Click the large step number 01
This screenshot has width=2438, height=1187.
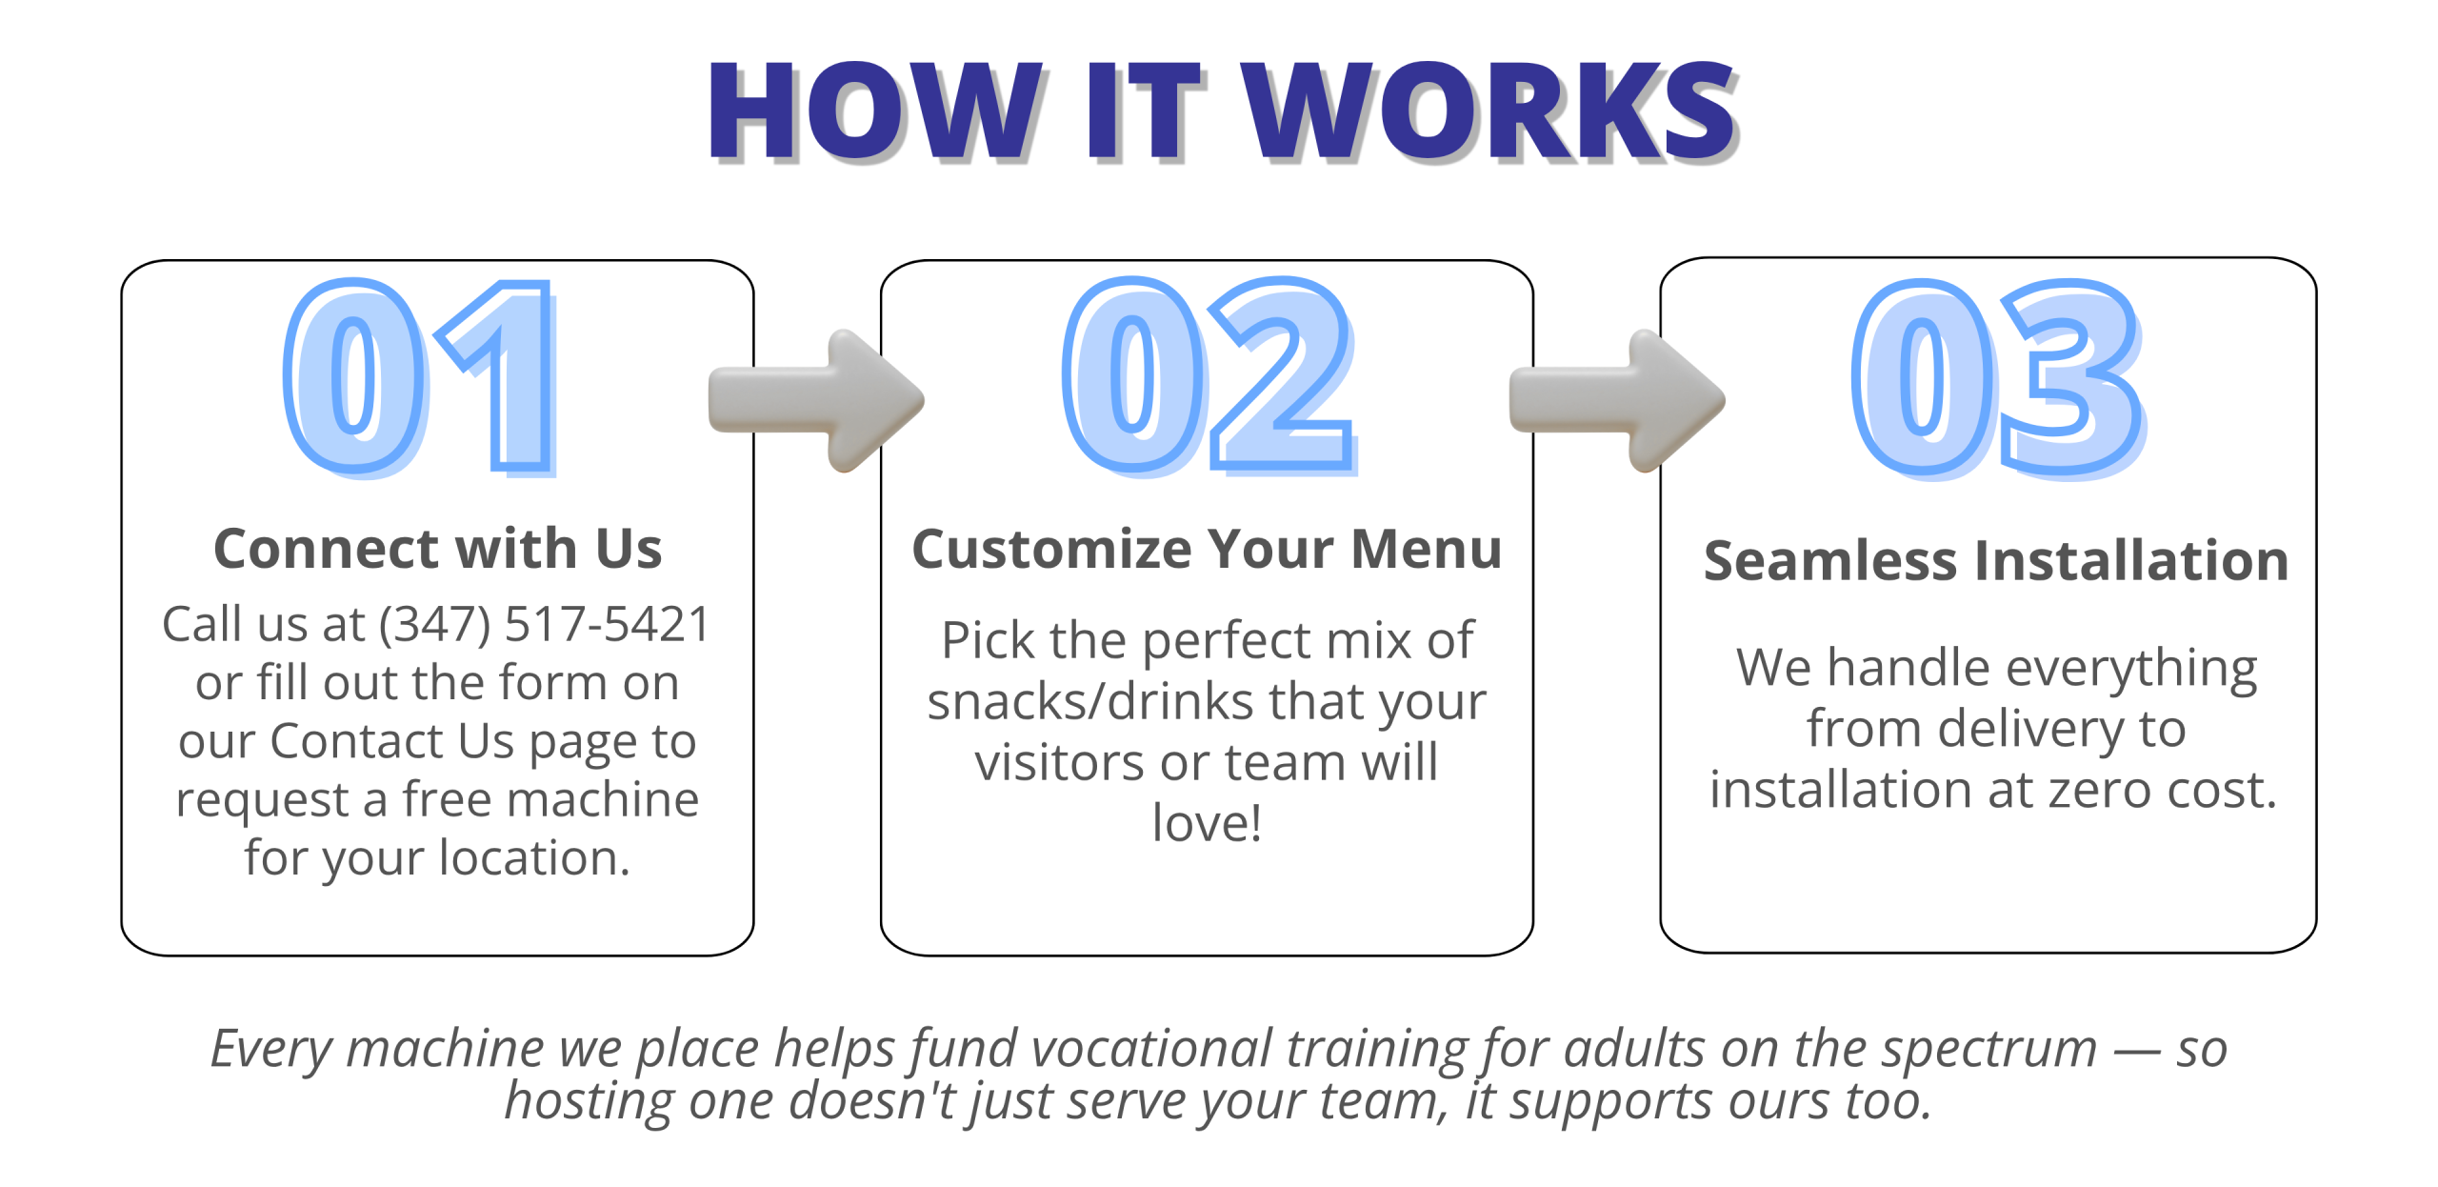point(420,378)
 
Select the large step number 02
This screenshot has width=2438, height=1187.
point(1209,375)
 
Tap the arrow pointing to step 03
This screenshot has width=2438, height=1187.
point(1617,400)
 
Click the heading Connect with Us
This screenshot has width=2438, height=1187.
point(437,549)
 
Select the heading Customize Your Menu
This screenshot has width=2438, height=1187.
point(1207,549)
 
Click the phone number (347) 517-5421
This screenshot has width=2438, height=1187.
point(545,625)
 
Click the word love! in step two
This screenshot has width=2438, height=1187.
point(1207,822)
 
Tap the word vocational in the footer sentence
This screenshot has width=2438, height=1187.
point(1152,1049)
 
